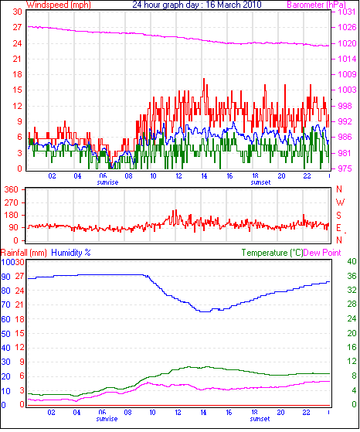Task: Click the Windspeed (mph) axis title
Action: [x=59, y=5]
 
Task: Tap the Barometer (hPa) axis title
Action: [x=316, y=5]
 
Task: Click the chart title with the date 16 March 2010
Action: [x=197, y=5]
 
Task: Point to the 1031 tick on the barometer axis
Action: [x=348, y=12]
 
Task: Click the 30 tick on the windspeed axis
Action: [x=17, y=12]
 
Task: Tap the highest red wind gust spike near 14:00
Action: [x=204, y=79]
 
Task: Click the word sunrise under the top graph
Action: [x=107, y=182]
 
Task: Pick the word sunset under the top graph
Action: [x=260, y=182]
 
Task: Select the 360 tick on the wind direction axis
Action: [x=12, y=189]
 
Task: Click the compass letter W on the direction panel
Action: [x=340, y=202]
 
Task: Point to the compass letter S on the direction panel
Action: [x=339, y=215]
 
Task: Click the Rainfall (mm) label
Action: [x=24, y=253]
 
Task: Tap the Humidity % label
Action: [x=71, y=253]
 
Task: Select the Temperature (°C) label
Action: [x=272, y=253]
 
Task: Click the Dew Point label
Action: [x=322, y=253]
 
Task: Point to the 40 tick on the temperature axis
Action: [x=352, y=261]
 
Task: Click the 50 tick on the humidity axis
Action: [x=5, y=334]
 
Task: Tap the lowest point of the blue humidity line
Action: [x=205, y=311]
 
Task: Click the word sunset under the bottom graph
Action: [x=260, y=419]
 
